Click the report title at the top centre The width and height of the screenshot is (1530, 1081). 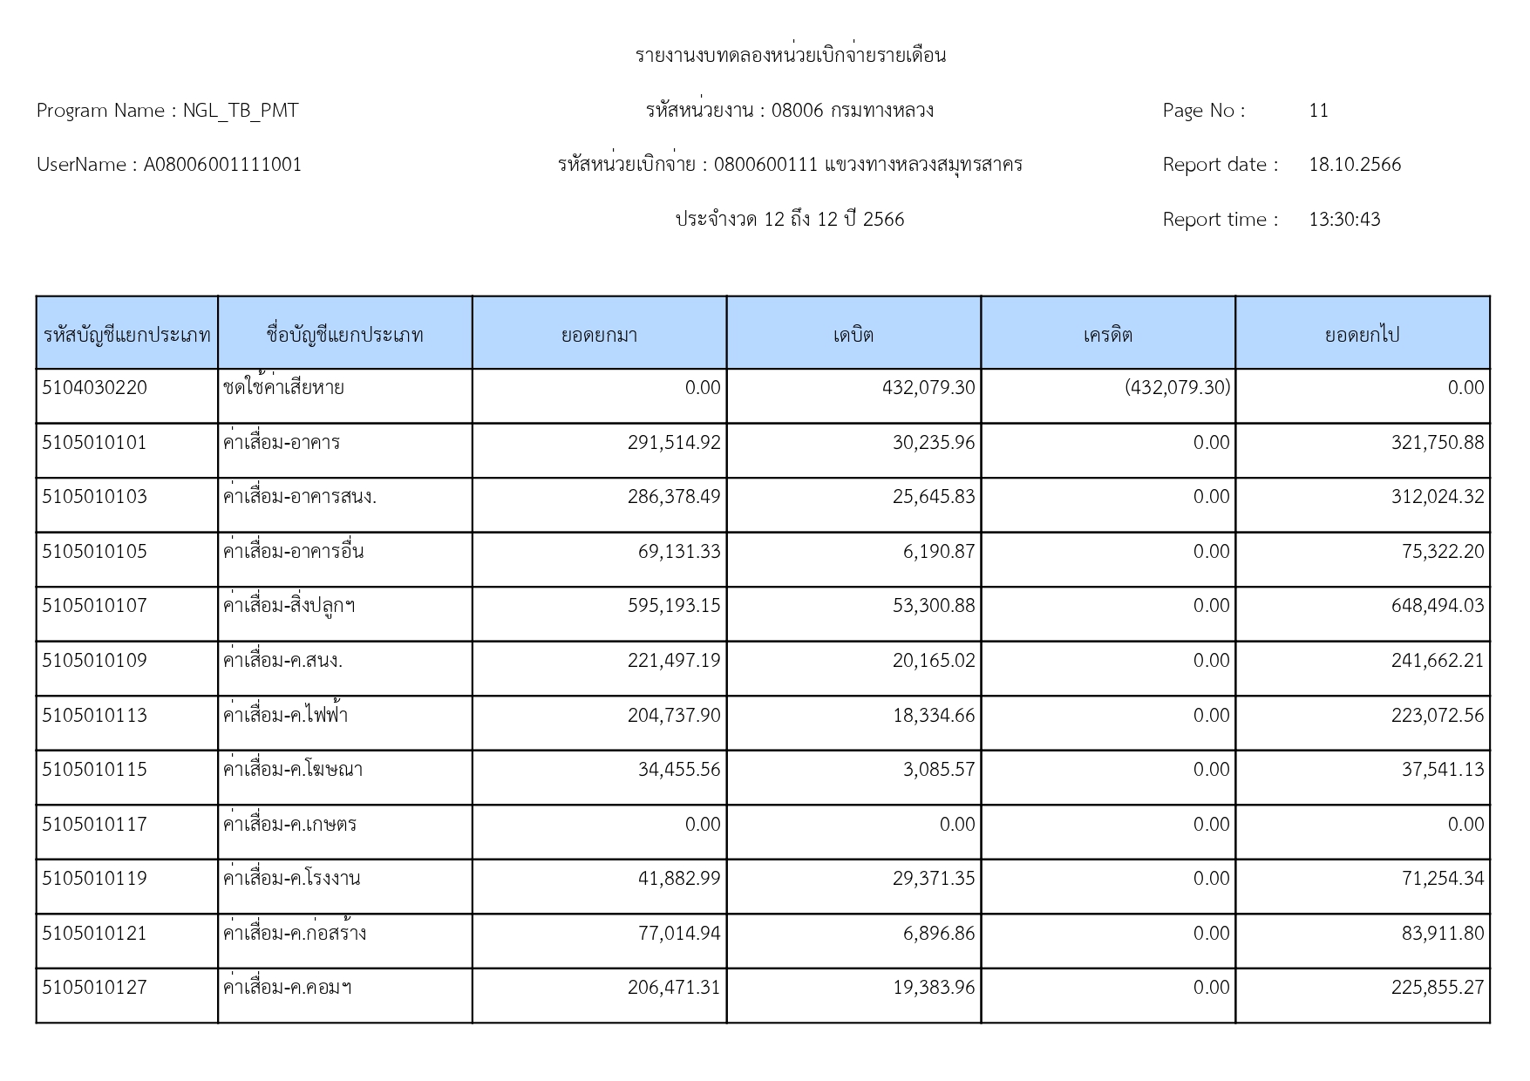point(790,56)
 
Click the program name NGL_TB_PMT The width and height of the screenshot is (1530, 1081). point(240,111)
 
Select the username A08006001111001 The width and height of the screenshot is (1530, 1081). point(222,165)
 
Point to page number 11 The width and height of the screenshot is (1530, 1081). point(1318,111)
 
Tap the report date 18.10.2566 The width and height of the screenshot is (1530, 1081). point(1354,165)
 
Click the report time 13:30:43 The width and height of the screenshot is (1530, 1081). point(1344,220)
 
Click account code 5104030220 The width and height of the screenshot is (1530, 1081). point(95,388)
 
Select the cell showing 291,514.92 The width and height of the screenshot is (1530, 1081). point(674,443)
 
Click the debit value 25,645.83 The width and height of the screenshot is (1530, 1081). point(933,497)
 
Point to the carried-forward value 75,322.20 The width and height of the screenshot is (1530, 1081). point(1442,552)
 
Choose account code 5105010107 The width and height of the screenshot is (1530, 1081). point(95,606)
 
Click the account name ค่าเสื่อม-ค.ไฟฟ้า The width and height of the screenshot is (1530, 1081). point(285,716)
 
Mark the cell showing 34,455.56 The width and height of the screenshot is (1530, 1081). point(679,770)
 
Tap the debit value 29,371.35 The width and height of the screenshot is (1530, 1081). point(933,879)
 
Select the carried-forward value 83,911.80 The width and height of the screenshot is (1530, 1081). point(1442,934)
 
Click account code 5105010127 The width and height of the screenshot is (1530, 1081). point(95,988)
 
